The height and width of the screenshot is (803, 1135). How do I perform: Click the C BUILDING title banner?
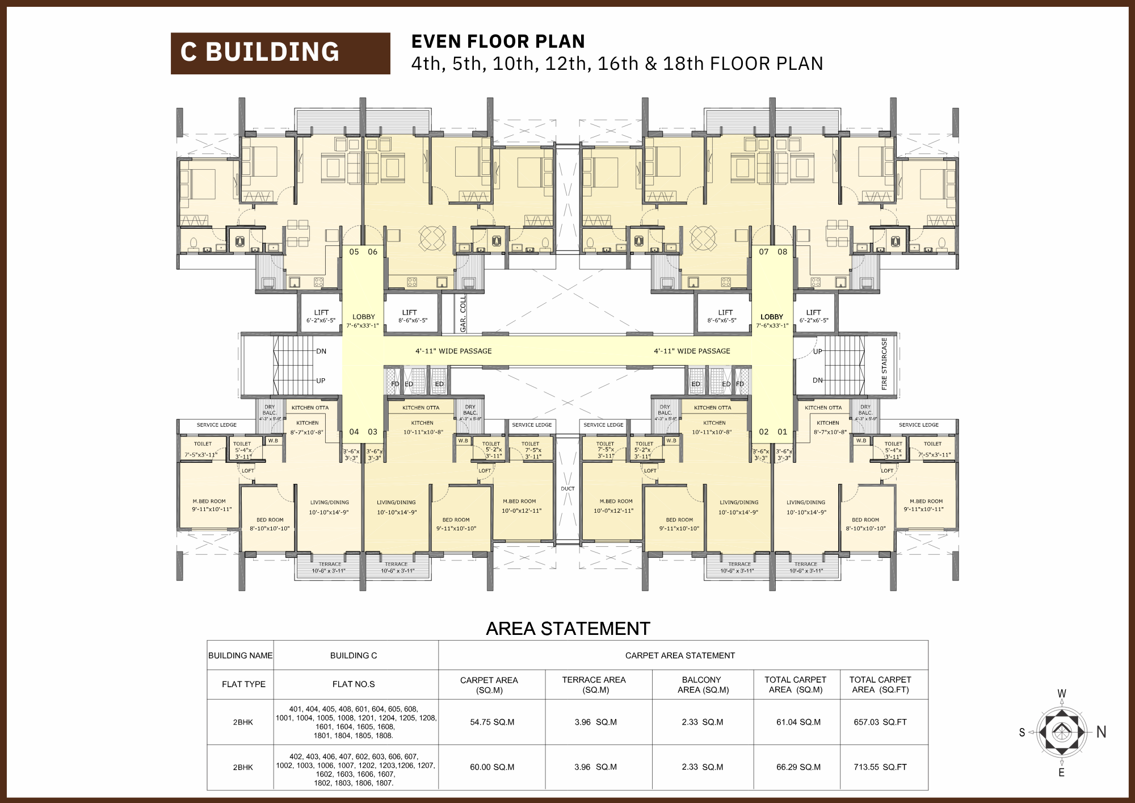click(280, 53)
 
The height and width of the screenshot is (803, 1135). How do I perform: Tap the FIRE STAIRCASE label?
click(884, 364)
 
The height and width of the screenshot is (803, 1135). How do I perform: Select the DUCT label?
click(567, 488)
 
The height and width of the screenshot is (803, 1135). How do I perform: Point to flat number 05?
click(354, 252)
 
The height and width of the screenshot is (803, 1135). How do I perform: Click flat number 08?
click(782, 252)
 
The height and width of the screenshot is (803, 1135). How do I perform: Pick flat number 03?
click(372, 432)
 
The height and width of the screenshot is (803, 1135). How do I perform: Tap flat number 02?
click(764, 432)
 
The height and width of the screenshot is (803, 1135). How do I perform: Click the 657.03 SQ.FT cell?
click(880, 722)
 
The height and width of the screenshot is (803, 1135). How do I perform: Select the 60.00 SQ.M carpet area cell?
click(492, 767)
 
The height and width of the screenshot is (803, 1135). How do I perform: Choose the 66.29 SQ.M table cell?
click(798, 767)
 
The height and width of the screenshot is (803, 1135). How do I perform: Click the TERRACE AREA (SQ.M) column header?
click(594, 684)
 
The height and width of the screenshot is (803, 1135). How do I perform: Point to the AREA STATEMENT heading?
click(567, 629)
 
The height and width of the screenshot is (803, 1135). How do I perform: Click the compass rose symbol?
click(1061, 732)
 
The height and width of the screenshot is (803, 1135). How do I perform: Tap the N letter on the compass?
click(1102, 732)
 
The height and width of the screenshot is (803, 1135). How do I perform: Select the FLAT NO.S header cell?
click(354, 684)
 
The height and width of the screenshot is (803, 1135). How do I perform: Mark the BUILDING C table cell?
click(354, 655)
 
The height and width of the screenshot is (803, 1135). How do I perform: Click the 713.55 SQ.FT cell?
click(880, 767)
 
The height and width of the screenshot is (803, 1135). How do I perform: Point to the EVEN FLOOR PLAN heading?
click(498, 41)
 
